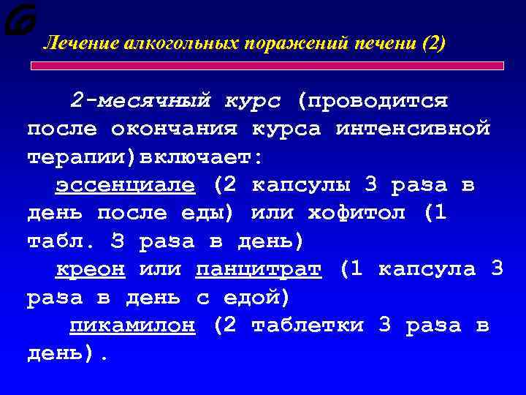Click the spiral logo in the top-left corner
click(18, 19)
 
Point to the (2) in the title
click(432, 44)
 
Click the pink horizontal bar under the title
click(266, 65)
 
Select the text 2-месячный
click(140, 99)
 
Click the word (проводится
click(372, 99)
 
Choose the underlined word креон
click(90, 269)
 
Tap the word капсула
click(427, 269)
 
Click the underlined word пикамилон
click(132, 326)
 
